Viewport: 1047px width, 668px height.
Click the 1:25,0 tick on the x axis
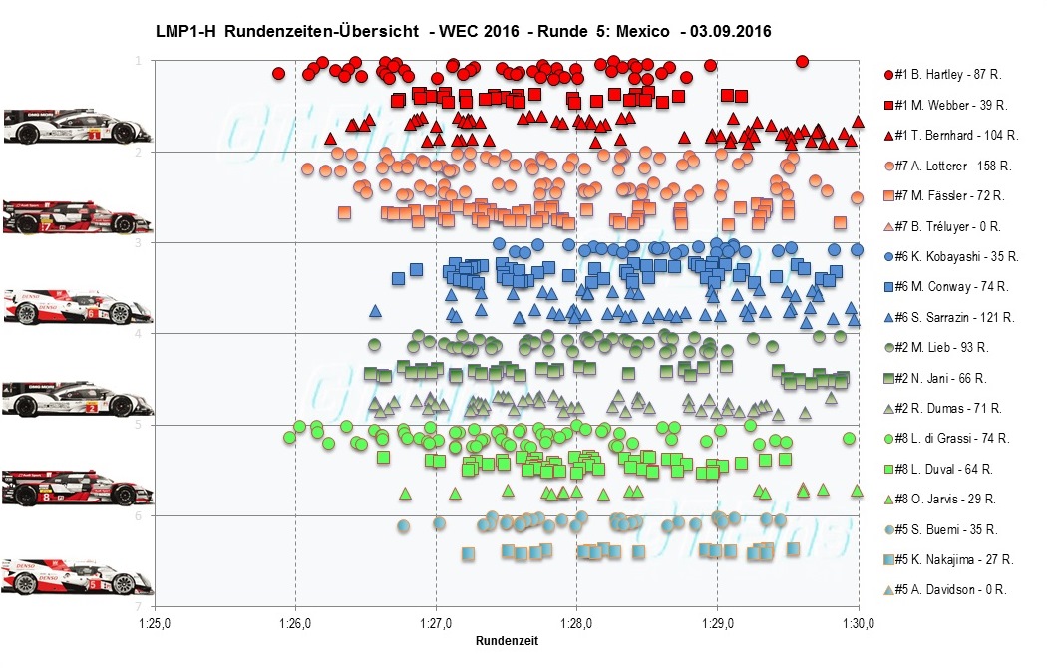point(154,625)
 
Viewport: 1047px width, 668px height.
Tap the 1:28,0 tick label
point(576,625)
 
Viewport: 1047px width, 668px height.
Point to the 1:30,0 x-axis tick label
point(859,625)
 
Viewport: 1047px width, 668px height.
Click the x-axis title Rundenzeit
point(507,641)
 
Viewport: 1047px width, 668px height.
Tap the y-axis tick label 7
point(138,607)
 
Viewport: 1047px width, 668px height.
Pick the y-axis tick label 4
point(138,334)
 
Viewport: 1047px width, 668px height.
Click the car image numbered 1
point(78,127)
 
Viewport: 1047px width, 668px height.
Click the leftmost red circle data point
point(278,73)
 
